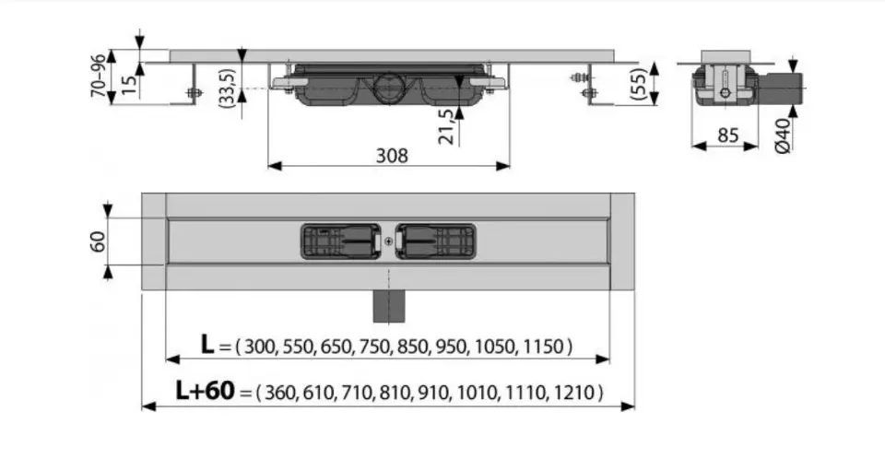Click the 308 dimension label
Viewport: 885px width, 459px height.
click(392, 155)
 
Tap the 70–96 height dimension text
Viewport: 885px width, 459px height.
click(99, 76)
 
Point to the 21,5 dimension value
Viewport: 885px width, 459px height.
click(446, 126)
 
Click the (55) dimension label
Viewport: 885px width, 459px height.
click(639, 84)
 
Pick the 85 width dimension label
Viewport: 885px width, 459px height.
click(727, 135)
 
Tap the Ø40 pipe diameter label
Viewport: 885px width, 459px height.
click(783, 135)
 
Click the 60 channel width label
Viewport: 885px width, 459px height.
click(99, 241)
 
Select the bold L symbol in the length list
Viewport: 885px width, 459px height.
click(207, 345)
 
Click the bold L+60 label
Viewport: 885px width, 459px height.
click(205, 390)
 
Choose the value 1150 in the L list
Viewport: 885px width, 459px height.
click(544, 346)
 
